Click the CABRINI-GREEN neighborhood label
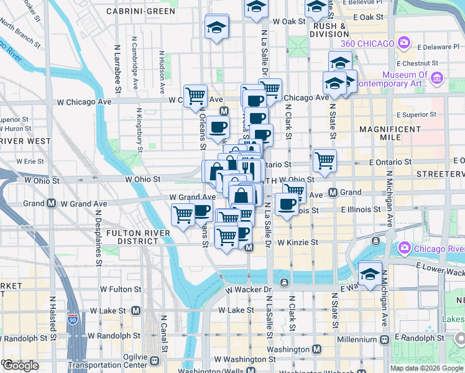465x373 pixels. (140, 11)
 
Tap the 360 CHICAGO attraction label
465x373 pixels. (367, 44)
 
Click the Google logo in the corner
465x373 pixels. (21, 366)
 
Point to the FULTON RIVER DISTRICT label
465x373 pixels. (133, 237)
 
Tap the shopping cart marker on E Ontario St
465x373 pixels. (325, 161)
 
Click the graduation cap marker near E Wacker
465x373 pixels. (369, 274)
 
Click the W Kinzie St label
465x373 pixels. (298, 242)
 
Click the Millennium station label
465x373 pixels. (357, 340)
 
